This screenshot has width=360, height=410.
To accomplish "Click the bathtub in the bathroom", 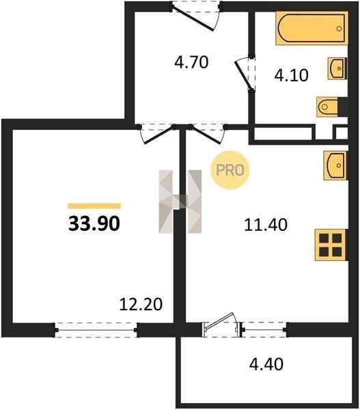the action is pyautogui.click(x=312, y=28).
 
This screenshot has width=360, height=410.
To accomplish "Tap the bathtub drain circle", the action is pyautogui.click(x=339, y=29).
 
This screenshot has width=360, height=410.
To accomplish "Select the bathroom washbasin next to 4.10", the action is pyautogui.click(x=337, y=68).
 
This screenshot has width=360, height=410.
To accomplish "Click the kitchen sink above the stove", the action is pyautogui.click(x=335, y=165).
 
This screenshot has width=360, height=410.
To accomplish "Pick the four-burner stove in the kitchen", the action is pyautogui.click(x=331, y=245).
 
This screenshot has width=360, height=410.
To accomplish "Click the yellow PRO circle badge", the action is pyautogui.click(x=230, y=170).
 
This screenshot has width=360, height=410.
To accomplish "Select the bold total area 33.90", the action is pyautogui.click(x=94, y=224).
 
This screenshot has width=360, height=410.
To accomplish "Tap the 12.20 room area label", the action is pyautogui.click(x=141, y=304).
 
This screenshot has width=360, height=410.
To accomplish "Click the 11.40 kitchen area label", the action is pyautogui.click(x=266, y=225).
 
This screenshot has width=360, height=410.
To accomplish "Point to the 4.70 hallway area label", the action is pyautogui.click(x=191, y=62).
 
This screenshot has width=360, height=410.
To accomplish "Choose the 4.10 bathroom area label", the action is pyautogui.click(x=291, y=75).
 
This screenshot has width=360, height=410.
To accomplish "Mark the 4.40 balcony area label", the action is pyautogui.click(x=266, y=364).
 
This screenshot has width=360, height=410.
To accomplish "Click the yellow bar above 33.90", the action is pyautogui.click(x=94, y=206).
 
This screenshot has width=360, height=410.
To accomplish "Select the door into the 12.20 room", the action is pyautogui.click(x=158, y=135).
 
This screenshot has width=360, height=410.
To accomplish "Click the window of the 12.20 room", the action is pyautogui.click(x=96, y=330).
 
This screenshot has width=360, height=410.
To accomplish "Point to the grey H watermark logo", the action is pyautogui.click(x=180, y=202).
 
